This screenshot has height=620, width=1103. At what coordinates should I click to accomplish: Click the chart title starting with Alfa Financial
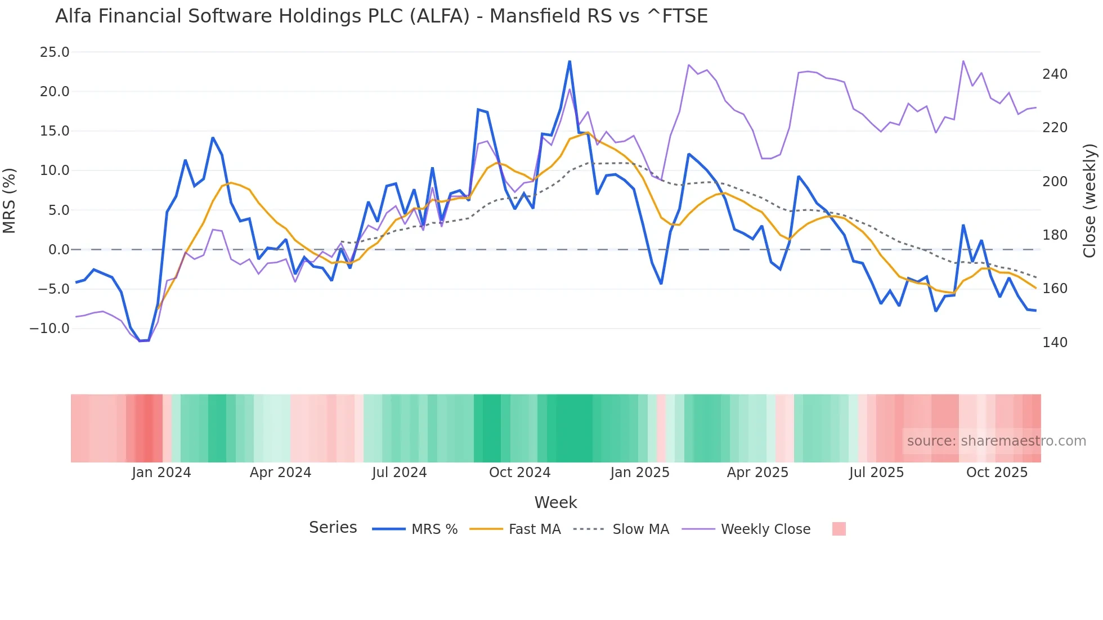(x=381, y=16)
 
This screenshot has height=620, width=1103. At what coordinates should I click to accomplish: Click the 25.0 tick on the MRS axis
(x=55, y=52)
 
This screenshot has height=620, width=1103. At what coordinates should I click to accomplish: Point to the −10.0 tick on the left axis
(x=50, y=329)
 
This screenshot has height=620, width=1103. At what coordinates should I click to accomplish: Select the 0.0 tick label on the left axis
(x=59, y=250)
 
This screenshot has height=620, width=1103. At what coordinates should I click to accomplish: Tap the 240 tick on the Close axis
(x=1055, y=74)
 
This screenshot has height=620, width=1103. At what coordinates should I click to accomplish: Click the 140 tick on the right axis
(x=1055, y=343)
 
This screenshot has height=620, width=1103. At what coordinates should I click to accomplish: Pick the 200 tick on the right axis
(x=1055, y=182)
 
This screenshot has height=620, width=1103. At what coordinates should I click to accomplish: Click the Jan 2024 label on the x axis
(x=162, y=473)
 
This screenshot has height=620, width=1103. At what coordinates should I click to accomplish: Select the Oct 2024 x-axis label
(x=519, y=473)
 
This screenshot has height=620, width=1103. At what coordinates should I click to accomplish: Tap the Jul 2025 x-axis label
(x=876, y=473)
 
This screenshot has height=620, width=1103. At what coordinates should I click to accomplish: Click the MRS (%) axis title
(x=10, y=201)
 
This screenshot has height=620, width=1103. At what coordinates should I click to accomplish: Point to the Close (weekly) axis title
(x=1090, y=201)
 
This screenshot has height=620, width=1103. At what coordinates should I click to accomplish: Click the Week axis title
(x=555, y=502)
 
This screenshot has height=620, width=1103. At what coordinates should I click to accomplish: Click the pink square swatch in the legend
(x=839, y=529)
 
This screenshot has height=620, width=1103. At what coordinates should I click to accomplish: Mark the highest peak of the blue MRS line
(x=570, y=61)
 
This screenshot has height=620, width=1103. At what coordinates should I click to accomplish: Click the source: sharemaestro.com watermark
(x=996, y=441)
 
